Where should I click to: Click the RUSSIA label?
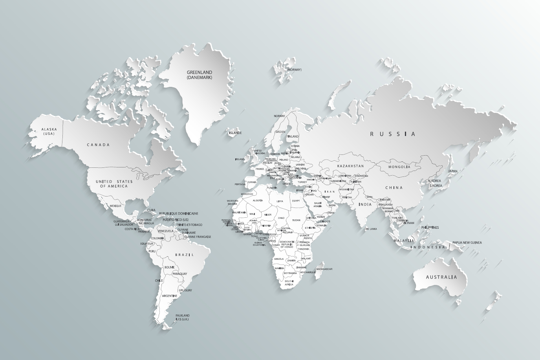[393, 134]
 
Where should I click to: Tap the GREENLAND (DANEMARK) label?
[199, 75]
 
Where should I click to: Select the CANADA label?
[98, 145]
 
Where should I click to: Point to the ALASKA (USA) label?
[49, 131]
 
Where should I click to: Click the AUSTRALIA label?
[442, 277]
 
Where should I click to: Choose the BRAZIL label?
[185, 255]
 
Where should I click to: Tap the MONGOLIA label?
[399, 167]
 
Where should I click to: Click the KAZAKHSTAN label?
[350, 166]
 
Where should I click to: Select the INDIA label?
[365, 204]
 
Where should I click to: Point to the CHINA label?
[394, 187]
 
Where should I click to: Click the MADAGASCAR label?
[324, 269]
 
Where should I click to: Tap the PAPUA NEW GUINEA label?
[467, 242]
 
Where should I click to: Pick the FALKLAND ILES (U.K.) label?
[183, 317]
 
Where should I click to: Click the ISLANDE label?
[235, 133]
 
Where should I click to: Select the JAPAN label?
[453, 171]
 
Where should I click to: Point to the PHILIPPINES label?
[430, 227]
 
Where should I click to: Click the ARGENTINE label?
[169, 296]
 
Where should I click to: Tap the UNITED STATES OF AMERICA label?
[114, 184]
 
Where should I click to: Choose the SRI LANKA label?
[371, 229]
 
